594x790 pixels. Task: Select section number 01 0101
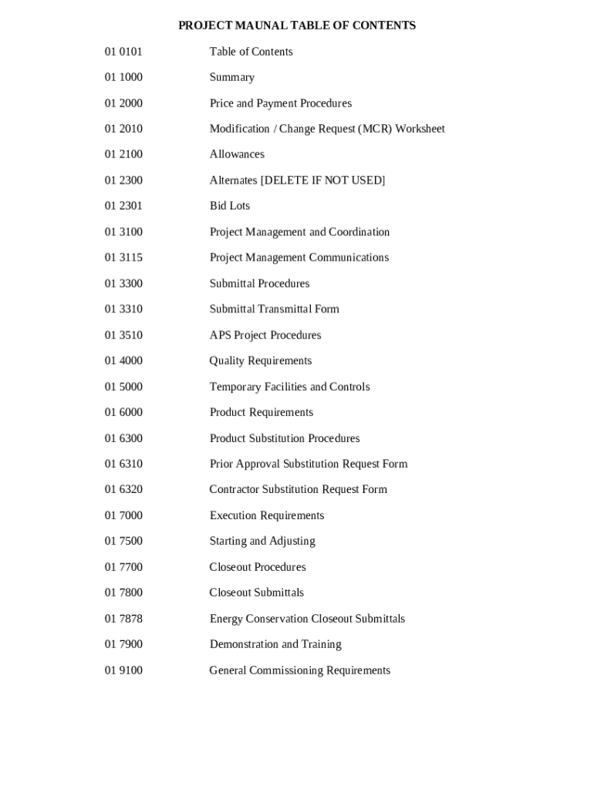tap(123, 52)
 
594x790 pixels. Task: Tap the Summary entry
tap(231, 77)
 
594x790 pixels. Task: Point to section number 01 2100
tap(123, 154)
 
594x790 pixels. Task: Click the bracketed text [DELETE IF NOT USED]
tap(322, 181)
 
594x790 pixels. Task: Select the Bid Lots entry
tap(229, 206)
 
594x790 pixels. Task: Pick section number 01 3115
tap(123, 258)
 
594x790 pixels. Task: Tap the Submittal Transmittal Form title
tap(274, 309)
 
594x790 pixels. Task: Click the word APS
tap(220, 335)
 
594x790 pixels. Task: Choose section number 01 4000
tap(123, 361)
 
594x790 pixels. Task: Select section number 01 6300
tap(123, 438)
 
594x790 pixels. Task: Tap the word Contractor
tap(234, 490)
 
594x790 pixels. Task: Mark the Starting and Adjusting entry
tap(262, 541)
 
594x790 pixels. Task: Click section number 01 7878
tap(123, 619)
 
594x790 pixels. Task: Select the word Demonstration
tap(244, 644)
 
